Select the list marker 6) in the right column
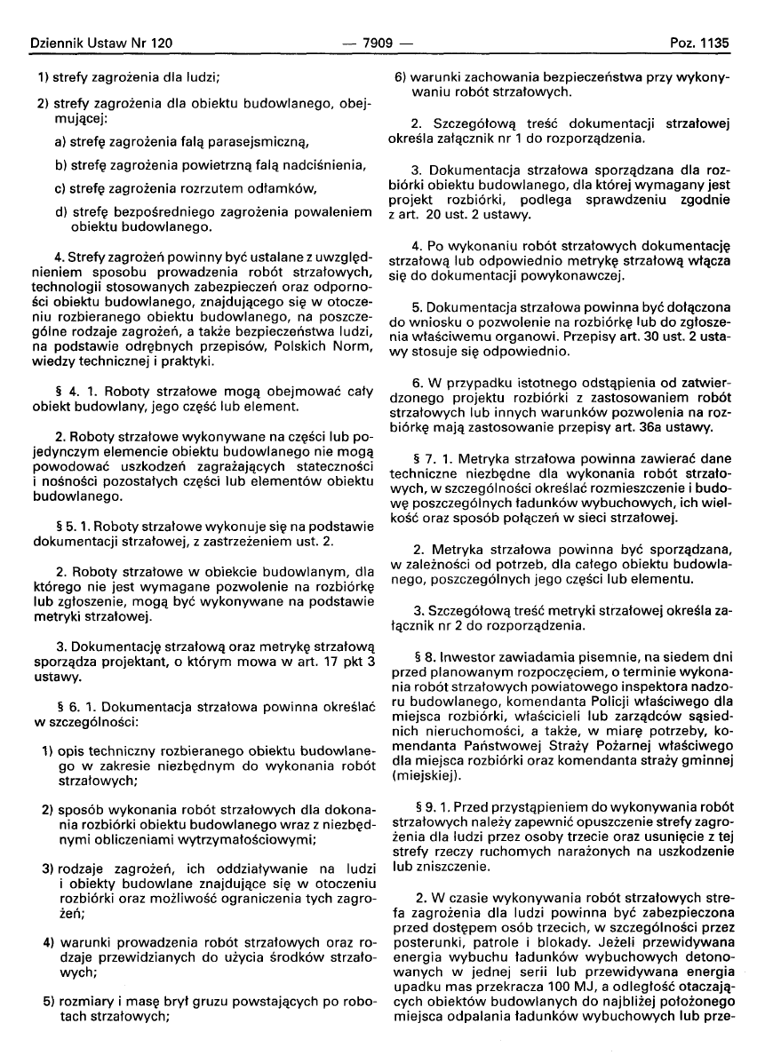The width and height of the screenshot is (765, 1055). [401, 77]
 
